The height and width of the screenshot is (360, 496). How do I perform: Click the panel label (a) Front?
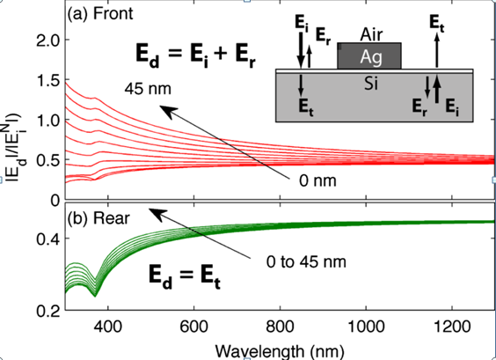[100, 14]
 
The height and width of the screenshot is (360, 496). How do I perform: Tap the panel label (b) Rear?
[98, 218]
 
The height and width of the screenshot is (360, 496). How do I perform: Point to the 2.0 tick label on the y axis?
[47, 40]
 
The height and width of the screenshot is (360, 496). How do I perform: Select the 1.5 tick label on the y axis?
[47, 80]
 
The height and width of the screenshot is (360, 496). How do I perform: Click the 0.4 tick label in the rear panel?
[47, 239]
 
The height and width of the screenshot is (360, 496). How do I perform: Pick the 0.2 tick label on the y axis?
[47, 311]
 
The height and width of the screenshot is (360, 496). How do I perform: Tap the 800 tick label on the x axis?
[280, 327]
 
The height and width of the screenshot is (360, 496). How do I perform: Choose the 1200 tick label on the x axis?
[452, 327]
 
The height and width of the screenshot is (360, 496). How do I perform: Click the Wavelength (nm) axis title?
[280, 351]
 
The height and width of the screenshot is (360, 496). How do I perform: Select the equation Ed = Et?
[185, 276]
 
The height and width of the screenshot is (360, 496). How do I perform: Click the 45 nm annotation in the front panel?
[148, 89]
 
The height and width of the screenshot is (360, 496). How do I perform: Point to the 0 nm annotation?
[317, 181]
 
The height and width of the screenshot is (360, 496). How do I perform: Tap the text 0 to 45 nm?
[306, 261]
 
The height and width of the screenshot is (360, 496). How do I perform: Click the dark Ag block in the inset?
[369, 55]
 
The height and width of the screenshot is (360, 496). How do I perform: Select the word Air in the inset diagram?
[371, 35]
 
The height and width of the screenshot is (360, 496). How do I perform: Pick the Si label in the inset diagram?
[371, 84]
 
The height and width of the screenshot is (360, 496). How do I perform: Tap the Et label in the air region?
[436, 24]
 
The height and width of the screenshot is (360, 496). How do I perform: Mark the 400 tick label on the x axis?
[108, 327]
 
